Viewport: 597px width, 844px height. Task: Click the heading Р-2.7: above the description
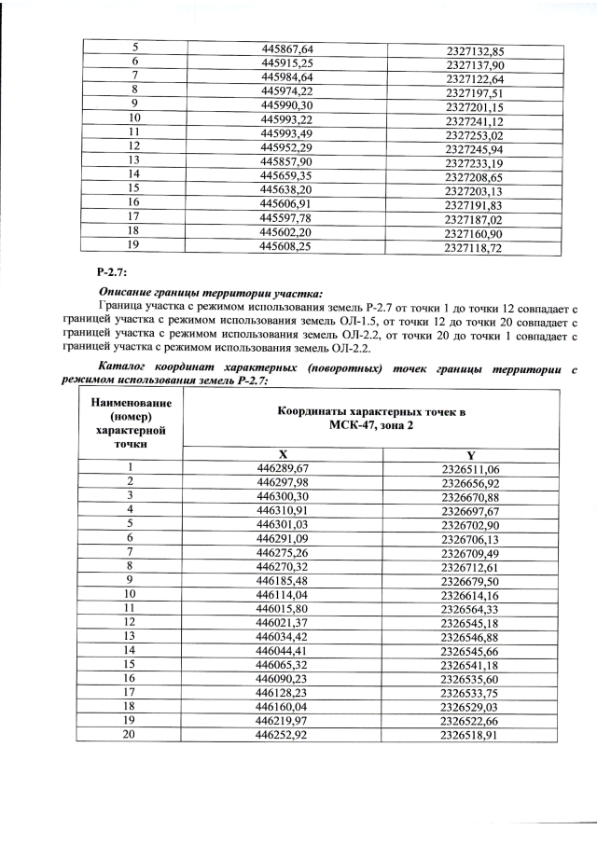tap(111, 272)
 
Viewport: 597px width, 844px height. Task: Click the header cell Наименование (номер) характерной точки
tap(131, 424)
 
